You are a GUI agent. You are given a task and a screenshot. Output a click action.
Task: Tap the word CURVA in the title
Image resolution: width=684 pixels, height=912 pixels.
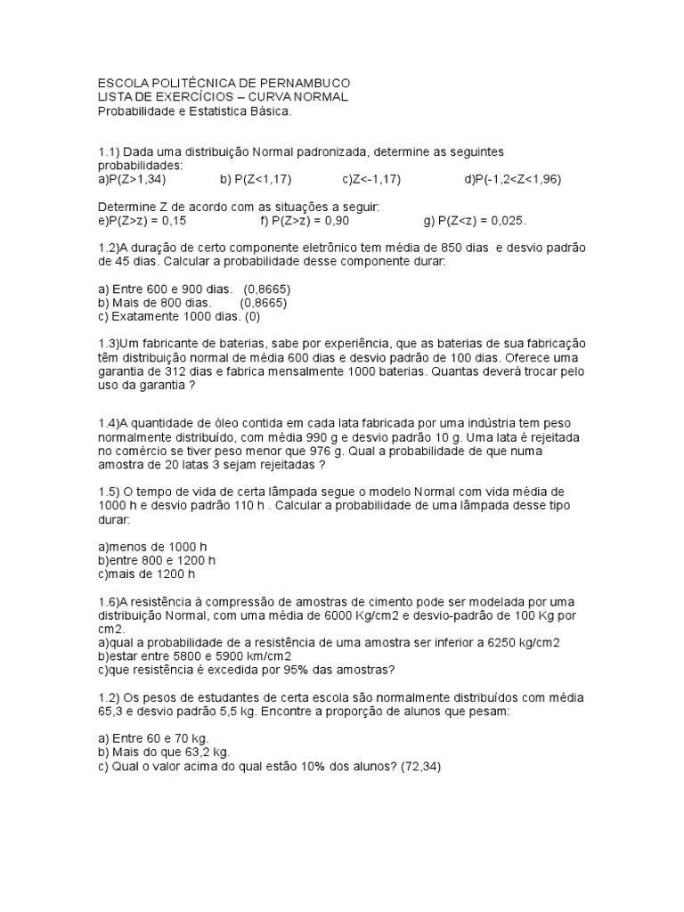263,96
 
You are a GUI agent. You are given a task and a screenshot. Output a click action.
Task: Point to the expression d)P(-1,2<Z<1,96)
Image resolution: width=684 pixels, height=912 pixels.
512,179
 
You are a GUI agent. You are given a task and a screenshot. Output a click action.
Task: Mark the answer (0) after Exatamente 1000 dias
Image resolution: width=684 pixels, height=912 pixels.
252,316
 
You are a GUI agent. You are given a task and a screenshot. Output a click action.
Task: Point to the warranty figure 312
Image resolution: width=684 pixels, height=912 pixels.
174,372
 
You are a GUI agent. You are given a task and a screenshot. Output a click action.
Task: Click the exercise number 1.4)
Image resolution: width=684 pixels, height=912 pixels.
108,422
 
